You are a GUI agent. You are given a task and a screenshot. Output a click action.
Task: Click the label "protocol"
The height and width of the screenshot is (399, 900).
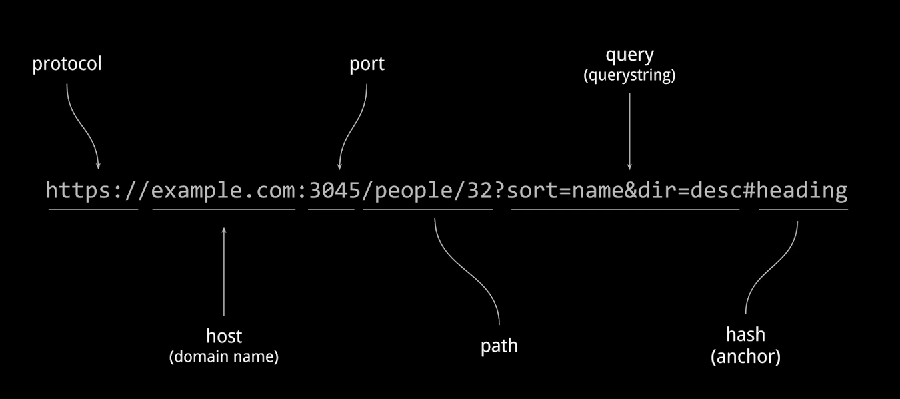click(67, 64)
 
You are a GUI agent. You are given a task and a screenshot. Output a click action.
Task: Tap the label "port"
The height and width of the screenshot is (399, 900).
click(367, 64)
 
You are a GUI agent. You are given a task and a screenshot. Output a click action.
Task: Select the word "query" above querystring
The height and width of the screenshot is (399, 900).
click(629, 55)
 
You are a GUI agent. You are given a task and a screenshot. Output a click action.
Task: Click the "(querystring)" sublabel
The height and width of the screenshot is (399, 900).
click(629, 75)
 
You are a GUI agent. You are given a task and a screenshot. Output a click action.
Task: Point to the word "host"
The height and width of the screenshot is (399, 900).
click(224, 336)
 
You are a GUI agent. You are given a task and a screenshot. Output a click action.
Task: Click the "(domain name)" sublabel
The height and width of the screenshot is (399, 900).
click(224, 356)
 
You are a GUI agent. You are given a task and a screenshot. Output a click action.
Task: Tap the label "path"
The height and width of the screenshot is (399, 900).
click(499, 346)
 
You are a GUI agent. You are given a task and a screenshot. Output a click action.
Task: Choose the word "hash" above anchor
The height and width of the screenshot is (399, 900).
click(745, 334)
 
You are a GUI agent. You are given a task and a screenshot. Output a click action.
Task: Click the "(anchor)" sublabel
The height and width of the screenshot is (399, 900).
click(745, 356)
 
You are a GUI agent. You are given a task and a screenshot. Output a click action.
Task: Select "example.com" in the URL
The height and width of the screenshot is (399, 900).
click(224, 191)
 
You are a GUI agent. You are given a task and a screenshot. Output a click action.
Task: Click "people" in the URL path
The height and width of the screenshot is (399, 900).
click(414, 191)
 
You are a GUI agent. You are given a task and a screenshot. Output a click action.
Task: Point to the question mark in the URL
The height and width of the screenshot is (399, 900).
click(499, 191)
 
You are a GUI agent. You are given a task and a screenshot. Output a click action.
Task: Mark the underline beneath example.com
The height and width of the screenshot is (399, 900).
click(224, 210)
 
